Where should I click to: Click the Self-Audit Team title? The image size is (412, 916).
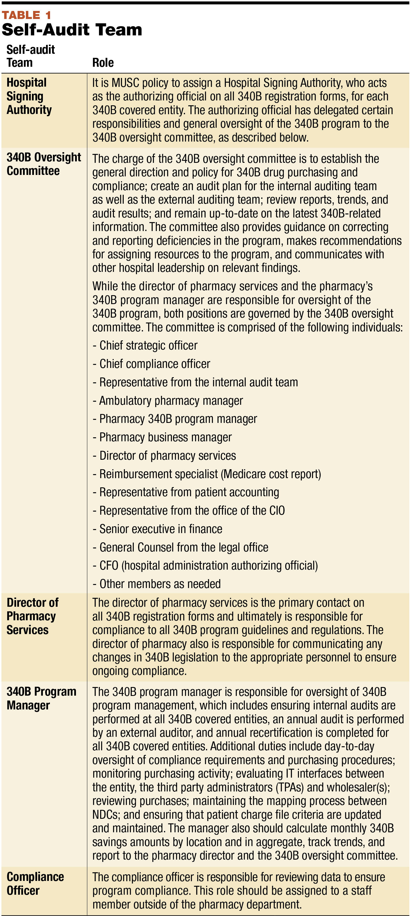click(72, 30)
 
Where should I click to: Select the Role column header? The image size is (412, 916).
click(103, 63)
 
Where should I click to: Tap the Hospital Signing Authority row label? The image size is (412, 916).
click(29, 96)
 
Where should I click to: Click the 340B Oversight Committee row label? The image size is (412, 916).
click(43, 164)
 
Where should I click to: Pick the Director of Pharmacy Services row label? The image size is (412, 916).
click(32, 616)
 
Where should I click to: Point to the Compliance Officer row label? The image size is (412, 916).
click(35, 884)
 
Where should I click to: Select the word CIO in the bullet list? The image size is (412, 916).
click(277, 511)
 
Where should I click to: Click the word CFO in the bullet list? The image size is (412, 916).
click(109, 566)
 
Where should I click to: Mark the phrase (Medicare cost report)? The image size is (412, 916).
click(272, 474)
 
